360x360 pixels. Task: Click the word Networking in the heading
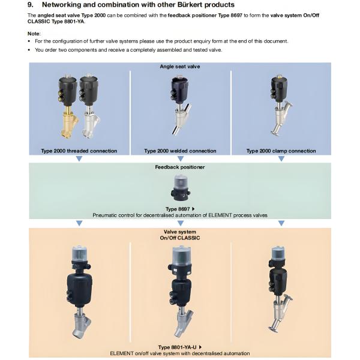[x=62, y=5]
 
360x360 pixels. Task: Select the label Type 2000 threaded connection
[x=79, y=151]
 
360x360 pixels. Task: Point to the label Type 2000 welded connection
[x=180, y=151]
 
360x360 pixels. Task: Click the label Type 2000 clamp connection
[x=281, y=151]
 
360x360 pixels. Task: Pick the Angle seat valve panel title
[x=180, y=66]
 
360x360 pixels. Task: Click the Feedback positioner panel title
[x=180, y=167]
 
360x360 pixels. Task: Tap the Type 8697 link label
[x=178, y=209]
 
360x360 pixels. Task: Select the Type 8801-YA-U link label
[x=178, y=347]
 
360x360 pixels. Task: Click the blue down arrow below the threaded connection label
[x=79, y=158]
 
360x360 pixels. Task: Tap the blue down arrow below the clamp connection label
[x=281, y=158]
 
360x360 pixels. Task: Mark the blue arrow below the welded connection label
[x=180, y=158]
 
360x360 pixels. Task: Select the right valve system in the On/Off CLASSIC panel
[x=278, y=288]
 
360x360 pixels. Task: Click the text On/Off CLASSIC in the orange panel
[x=180, y=238]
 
